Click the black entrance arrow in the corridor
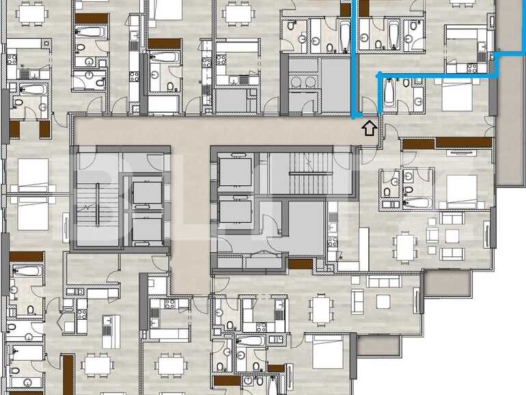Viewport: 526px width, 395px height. pyautogui.click(x=369, y=127)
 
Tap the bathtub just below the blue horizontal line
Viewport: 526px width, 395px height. pyautogui.click(x=389, y=94)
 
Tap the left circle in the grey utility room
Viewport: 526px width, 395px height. pyautogui.click(x=295, y=81)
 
